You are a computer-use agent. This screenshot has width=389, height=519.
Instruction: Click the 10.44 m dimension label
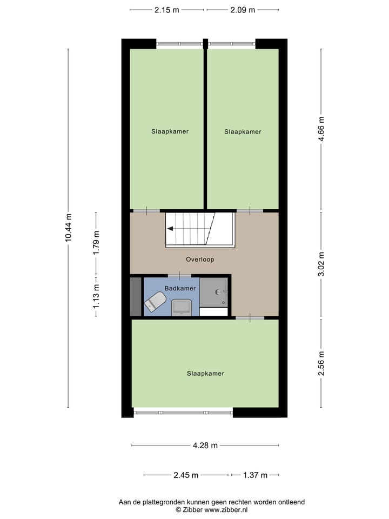click(68, 228)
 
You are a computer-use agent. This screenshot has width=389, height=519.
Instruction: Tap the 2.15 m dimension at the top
click(167, 10)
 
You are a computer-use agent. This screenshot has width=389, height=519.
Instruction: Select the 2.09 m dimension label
click(243, 10)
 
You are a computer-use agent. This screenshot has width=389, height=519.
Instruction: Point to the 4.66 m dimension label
click(321, 129)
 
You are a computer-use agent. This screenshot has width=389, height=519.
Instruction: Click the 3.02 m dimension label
click(321, 264)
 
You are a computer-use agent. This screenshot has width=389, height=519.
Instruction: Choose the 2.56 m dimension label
click(321, 363)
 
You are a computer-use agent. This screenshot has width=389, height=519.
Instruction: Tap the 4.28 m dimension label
click(205, 445)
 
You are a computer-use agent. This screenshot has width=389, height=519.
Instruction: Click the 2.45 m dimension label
click(186, 475)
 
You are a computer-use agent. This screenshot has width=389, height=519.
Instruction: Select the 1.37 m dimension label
click(255, 475)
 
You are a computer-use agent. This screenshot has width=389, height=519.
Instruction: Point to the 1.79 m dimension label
click(96, 243)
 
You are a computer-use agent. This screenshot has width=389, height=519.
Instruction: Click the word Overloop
click(200, 259)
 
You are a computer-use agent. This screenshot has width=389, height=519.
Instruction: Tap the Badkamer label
click(180, 288)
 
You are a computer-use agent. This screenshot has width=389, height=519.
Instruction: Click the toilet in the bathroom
click(155, 302)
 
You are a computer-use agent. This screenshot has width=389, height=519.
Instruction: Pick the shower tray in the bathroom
click(213, 292)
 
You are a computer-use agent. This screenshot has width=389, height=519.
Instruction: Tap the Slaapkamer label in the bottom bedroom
click(205, 373)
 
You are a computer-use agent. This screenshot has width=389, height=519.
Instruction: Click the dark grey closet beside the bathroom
click(135, 296)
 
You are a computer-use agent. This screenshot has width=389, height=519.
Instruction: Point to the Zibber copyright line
click(211, 510)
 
